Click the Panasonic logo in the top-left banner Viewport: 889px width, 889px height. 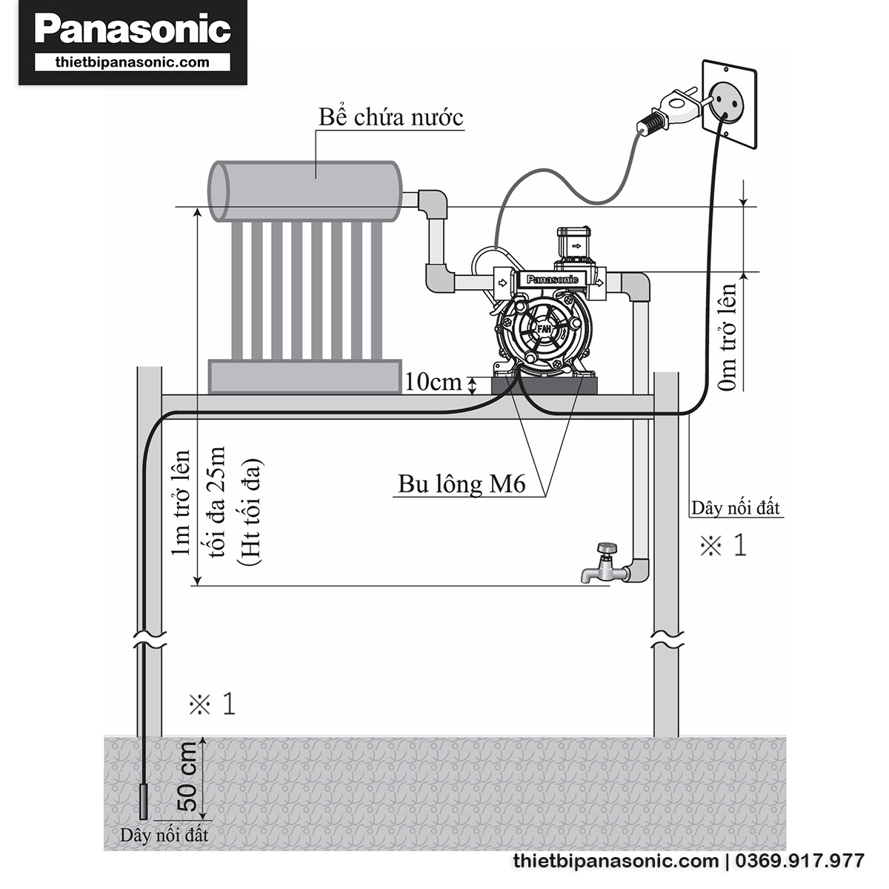pyautogui.click(x=133, y=30)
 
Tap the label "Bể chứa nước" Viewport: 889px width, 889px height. pyautogui.click(x=390, y=116)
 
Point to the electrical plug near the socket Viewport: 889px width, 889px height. pyautogui.click(x=670, y=111)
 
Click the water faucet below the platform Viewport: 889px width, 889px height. pyautogui.click(x=605, y=564)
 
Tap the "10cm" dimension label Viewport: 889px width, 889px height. pyautogui.click(x=433, y=382)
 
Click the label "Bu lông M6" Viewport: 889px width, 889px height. pyautogui.click(x=462, y=484)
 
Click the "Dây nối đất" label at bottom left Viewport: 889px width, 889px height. pyautogui.click(x=164, y=835)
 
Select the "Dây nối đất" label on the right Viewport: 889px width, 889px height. pyautogui.click(x=736, y=509)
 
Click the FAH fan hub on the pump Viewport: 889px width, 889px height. pyautogui.click(x=545, y=327)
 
